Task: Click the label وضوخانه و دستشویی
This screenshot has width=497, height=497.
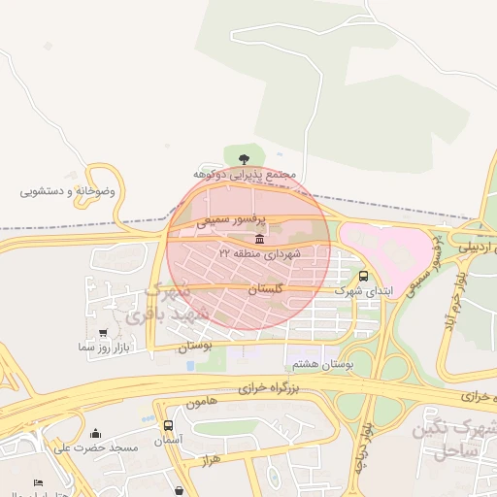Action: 68,191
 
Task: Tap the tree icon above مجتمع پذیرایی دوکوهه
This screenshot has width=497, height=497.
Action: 243,156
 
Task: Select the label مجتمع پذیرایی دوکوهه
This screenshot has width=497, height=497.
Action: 243,174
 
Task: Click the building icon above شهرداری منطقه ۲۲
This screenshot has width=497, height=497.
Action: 259,239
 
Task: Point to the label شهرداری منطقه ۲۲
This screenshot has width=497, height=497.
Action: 259,253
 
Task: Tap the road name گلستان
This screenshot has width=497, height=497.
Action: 265,289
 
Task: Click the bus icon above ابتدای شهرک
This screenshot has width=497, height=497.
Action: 363,276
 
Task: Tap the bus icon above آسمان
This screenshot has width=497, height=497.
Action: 169,425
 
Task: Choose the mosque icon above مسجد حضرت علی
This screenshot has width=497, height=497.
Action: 95,433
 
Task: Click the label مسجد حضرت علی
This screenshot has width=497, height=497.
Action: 96,447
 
